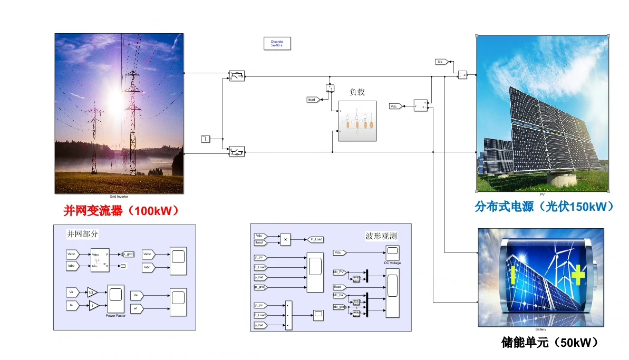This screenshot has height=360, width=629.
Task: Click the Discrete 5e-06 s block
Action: click(277, 43)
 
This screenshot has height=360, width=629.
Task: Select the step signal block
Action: click(205, 139)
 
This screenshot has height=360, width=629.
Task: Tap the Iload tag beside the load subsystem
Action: click(313, 99)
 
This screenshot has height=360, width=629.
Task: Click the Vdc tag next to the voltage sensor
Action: click(395, 106)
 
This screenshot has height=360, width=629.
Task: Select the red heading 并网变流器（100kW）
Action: click(121, 211)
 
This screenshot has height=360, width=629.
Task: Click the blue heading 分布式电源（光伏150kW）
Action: click(544, 206)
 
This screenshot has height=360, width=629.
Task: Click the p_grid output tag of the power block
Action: click(128, 254)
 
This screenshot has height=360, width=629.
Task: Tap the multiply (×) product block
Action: click(285, 239)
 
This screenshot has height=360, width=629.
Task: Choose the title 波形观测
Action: click(381, 236)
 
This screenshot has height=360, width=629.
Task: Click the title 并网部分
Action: click(82, 233)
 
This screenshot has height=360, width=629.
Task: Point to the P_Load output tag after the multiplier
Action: click(317, 239)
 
